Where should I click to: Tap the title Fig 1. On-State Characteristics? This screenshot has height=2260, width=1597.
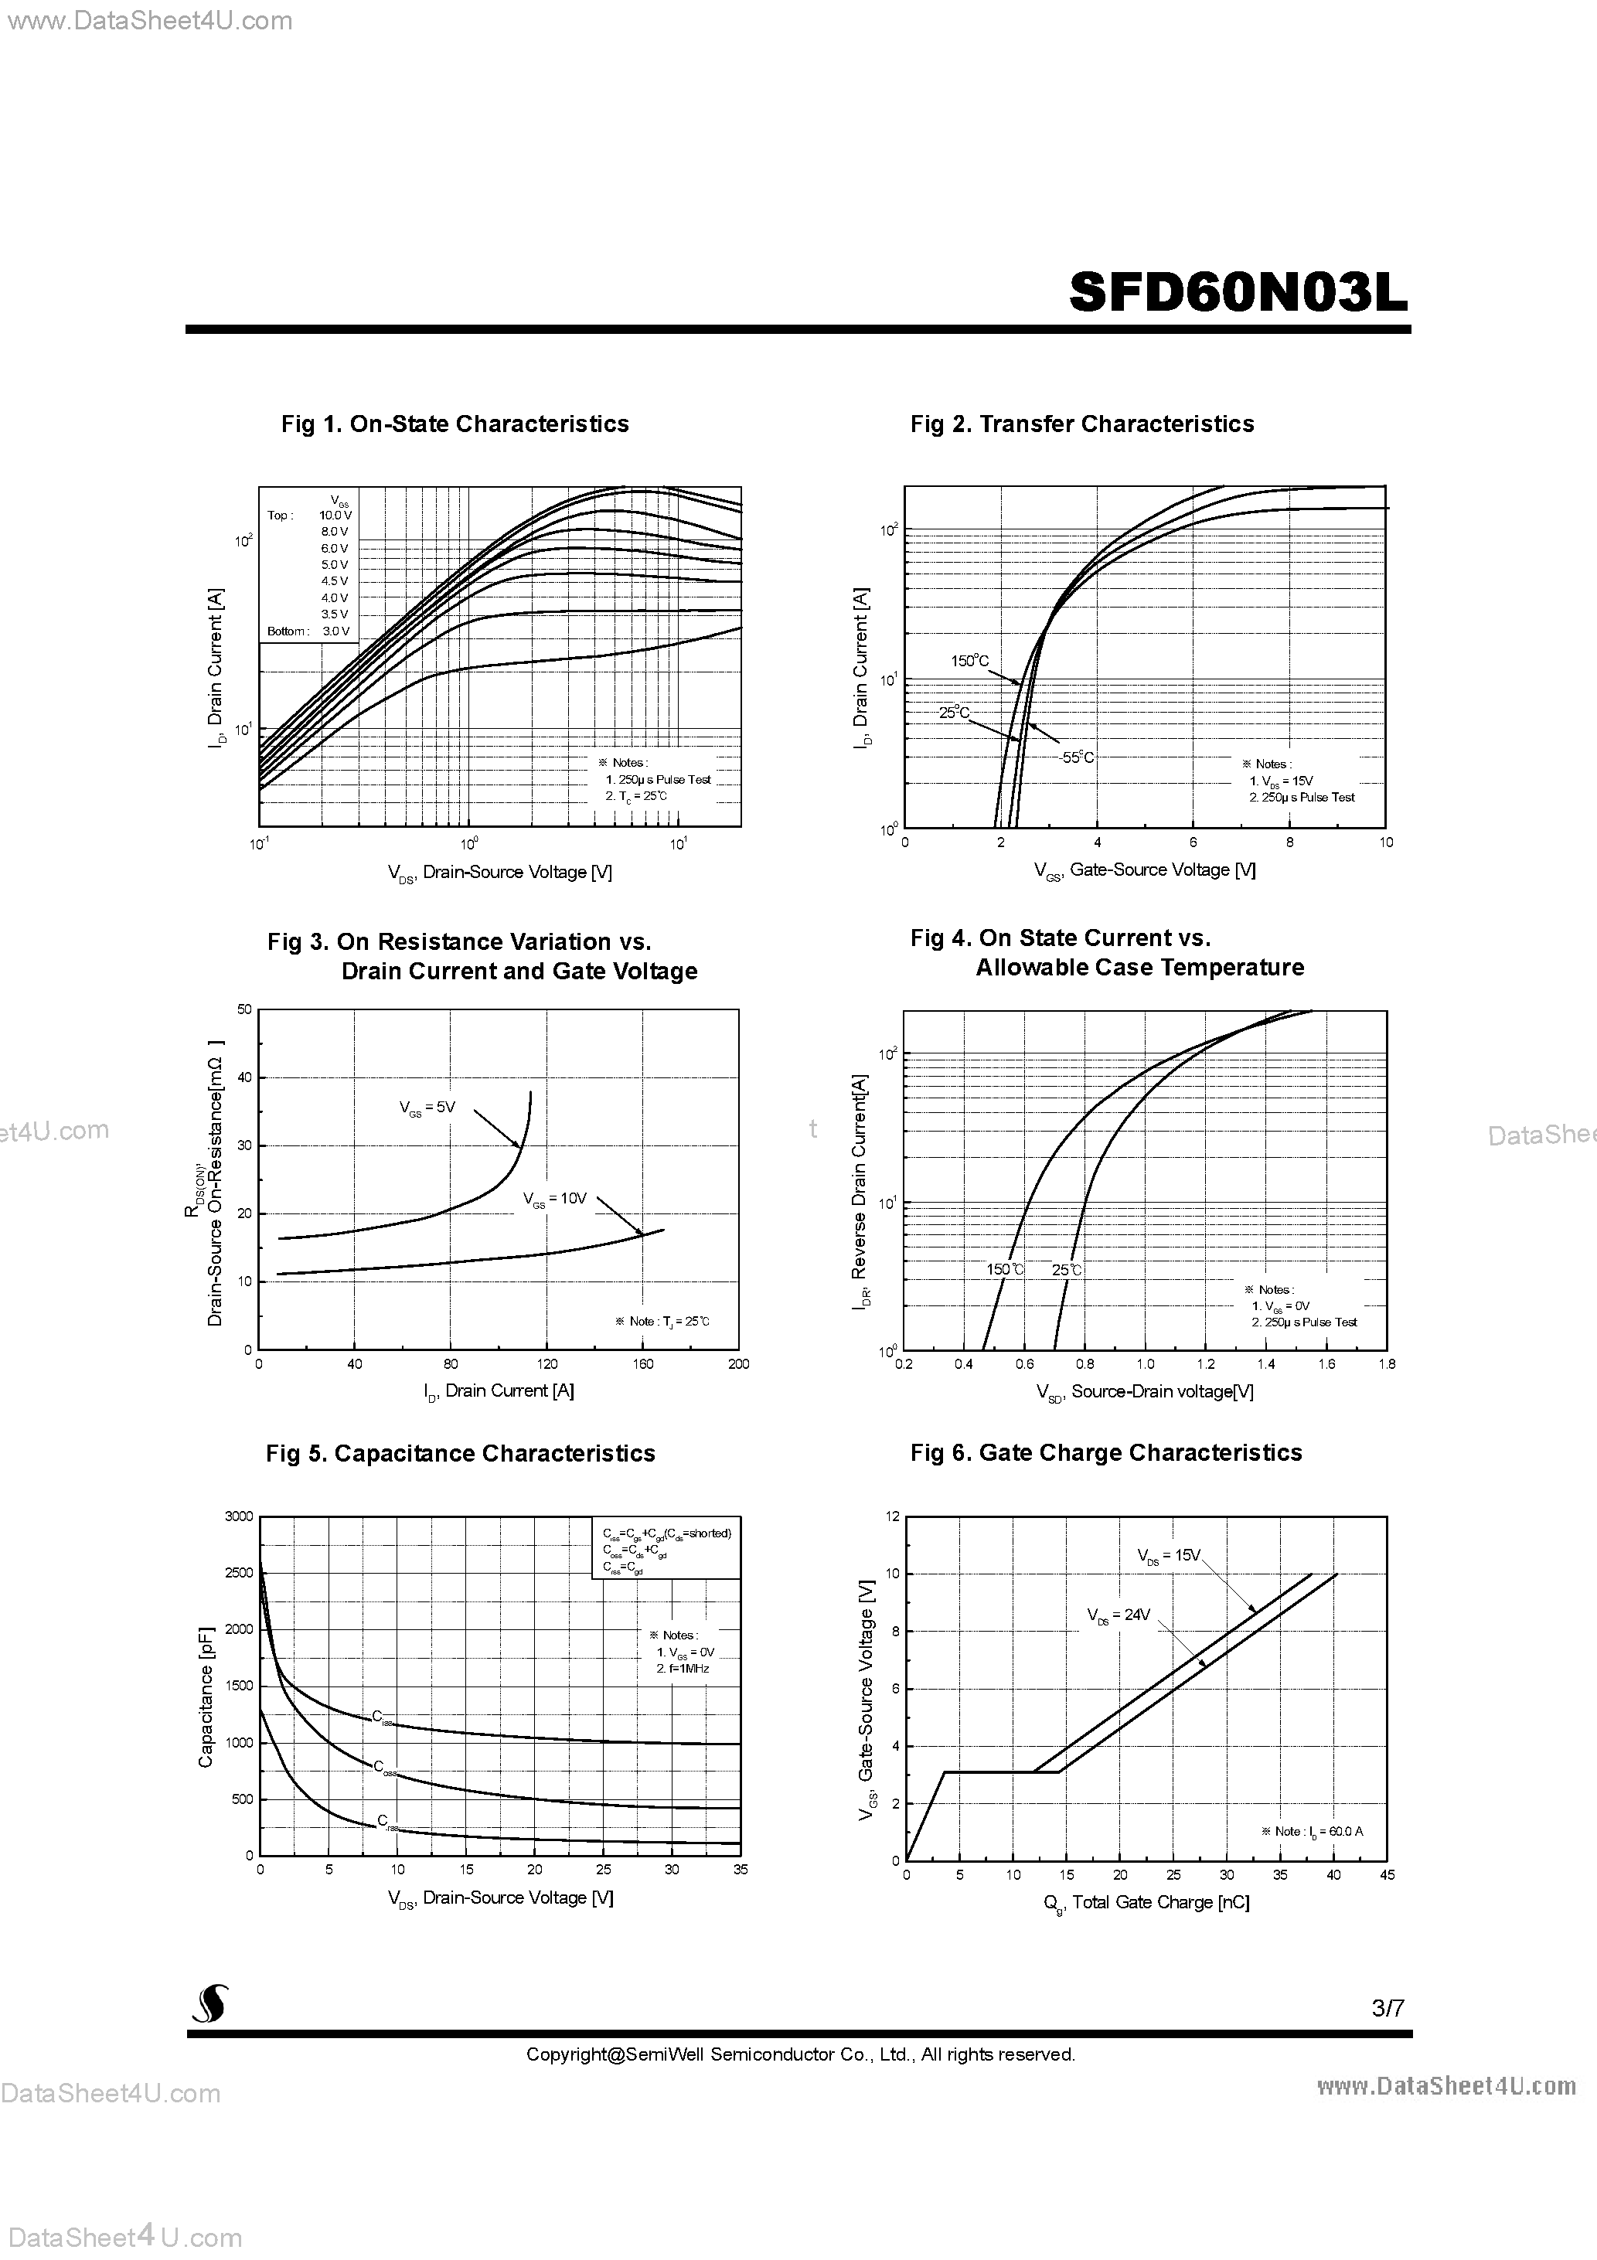tap(455, 424)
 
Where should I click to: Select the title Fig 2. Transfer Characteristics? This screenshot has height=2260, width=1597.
tap(1082, 424)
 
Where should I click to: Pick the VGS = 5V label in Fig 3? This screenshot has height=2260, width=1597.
tap(427, 1108)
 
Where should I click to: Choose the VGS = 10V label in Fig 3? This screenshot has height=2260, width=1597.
tap(555, 1199)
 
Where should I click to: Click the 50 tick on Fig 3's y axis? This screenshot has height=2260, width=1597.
tap(245, 1009)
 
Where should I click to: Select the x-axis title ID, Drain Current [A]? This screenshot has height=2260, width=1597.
tap(499, 1390)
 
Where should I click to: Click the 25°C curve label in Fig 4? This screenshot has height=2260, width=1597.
tap(1066, 1270)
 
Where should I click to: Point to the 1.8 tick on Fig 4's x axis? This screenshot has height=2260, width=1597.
tap(1386, 1364)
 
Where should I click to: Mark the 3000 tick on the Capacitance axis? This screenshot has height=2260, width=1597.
tap(240, 1516)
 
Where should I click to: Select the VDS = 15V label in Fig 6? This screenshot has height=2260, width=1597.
tap(1169, 1555)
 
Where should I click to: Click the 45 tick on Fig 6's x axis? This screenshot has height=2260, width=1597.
tap(1386, 1875)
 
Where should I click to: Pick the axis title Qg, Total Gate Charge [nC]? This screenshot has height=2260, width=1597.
tap(1146, 1903)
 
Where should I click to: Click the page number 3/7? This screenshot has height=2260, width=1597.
tap(1388, 2008)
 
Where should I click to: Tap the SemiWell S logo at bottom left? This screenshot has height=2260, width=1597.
tap(209, 2003)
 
